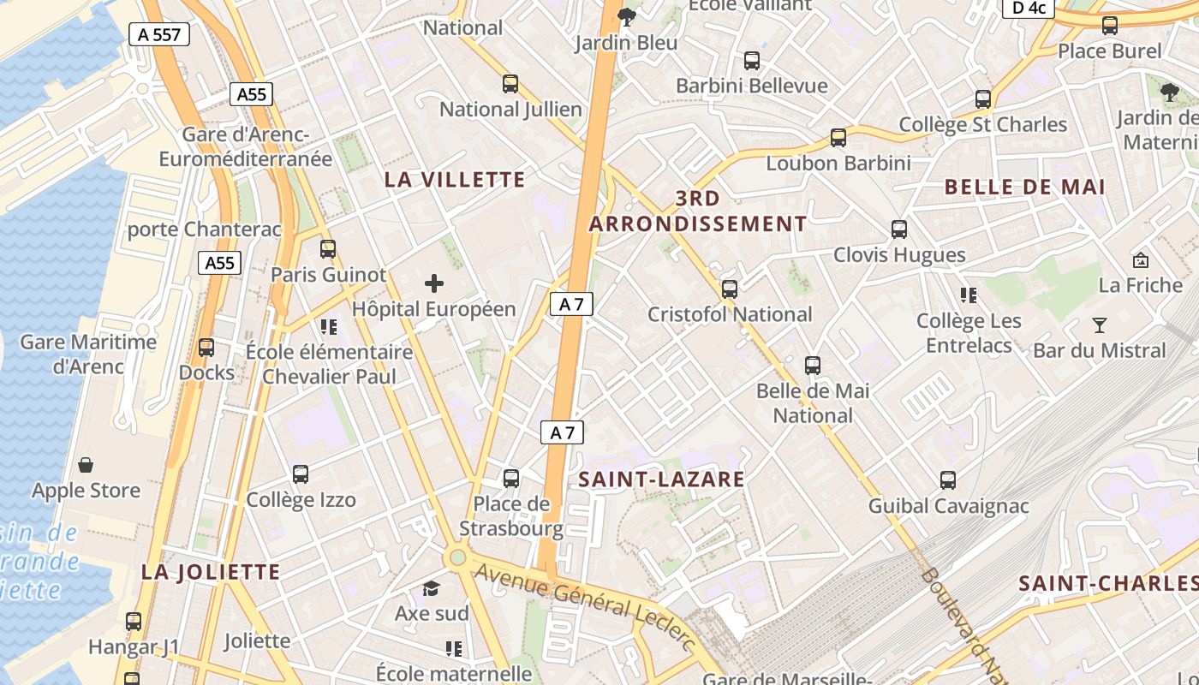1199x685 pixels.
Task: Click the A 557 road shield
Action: click(158, 34)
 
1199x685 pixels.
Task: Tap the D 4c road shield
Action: click(1028, 8)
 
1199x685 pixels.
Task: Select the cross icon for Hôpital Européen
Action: click(434, 283)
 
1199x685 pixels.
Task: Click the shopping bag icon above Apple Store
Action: click(86, 465)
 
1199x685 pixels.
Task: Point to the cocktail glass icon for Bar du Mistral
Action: click(1100, 325)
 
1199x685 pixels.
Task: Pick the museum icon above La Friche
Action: click(1140, 259)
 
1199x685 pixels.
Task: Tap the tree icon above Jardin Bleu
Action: click(627, 15)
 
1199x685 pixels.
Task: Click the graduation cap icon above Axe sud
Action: click(431, 588)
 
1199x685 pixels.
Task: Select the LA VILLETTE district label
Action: click(454, 179)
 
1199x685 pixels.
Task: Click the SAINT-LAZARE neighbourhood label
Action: click(661, 479)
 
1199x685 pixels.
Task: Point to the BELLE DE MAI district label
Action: click(1024, 187)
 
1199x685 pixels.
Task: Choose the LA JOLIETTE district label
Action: click(211, 572)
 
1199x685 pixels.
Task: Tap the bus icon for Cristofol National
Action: click(730, 289)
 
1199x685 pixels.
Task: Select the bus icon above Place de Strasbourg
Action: click(511, 478)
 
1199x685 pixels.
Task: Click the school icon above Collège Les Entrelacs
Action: click(969, 295)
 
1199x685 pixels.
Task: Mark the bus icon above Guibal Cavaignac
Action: click(948, 480)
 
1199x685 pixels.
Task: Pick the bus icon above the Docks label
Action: click(206, 348)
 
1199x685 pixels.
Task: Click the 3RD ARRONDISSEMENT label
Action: click(697, 211)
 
